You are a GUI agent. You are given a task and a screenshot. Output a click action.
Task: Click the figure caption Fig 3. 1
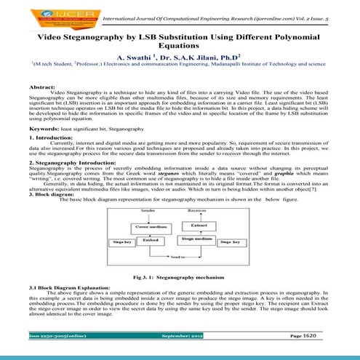pos(180,277)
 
